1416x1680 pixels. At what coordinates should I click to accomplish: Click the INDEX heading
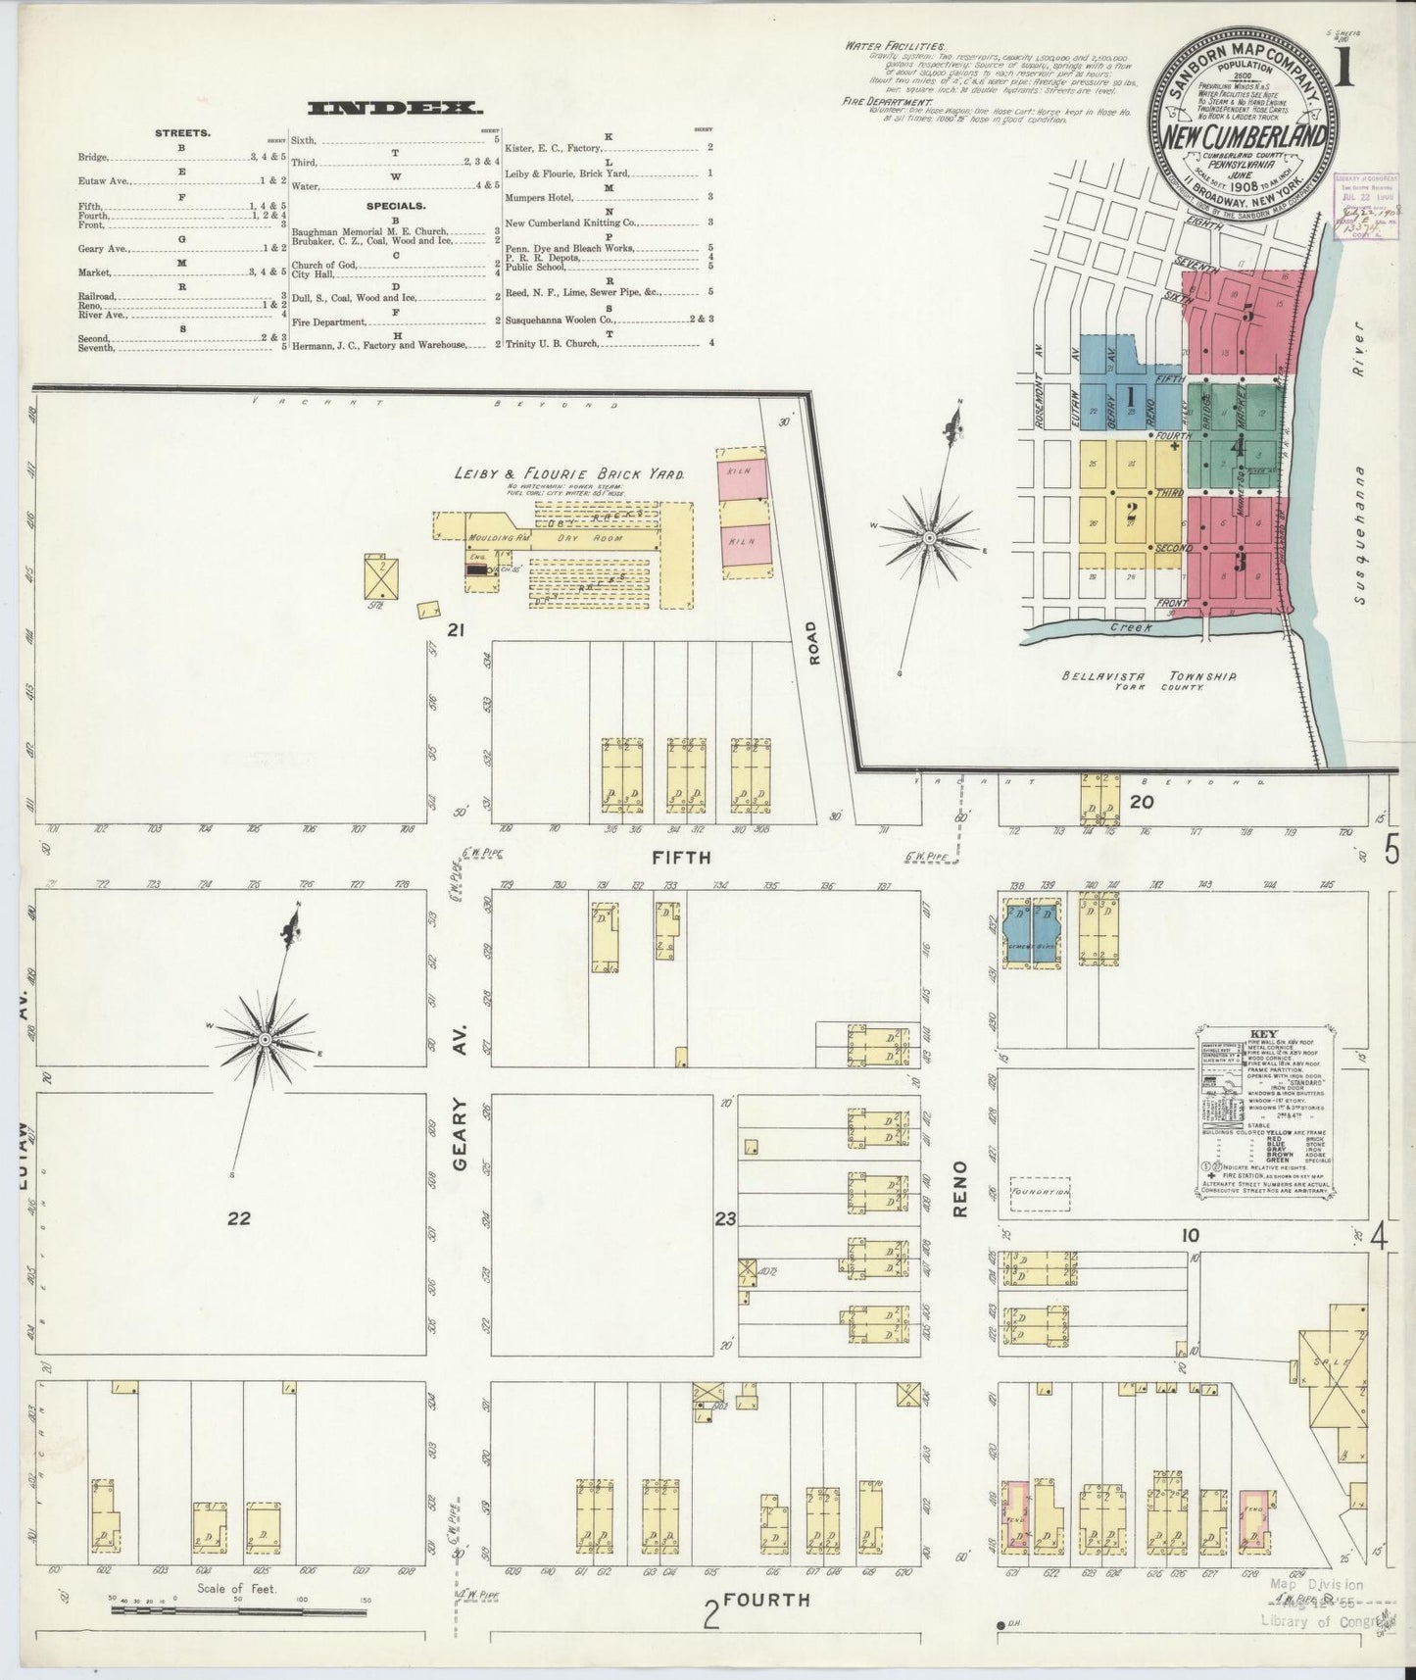(x=395, y=109)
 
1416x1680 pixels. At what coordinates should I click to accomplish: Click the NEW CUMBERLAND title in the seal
(x=1245, y=138)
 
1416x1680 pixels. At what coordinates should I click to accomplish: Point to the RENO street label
(x=960, y=1189)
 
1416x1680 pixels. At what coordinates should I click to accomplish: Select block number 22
(x=239, y=1218)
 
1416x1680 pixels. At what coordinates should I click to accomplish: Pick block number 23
(x=725, y=1220)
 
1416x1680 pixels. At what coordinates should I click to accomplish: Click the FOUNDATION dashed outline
(x=1040, y=1193)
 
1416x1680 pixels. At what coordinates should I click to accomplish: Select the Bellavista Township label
(x=1147, y=676)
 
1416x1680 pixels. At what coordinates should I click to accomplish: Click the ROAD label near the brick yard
(x=812, y=644)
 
